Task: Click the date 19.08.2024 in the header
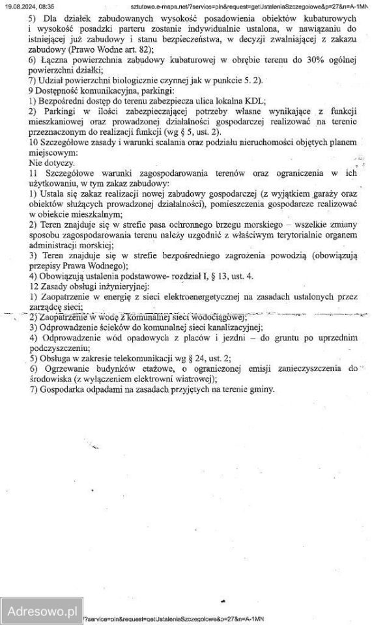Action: coord(21,6)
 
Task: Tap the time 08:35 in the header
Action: coord(46,6)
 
